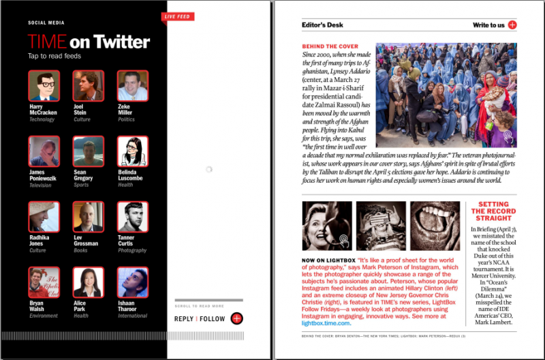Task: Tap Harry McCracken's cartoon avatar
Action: coord(44,86)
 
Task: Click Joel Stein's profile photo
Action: coord(89,86)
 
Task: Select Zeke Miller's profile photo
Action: coord(133,86)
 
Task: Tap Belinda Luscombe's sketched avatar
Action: coord(133,151)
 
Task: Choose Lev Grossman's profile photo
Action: coord(89,217)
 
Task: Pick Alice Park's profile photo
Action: coord(89,282)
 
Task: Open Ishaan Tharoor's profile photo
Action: coord(133,282)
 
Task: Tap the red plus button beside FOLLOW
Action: coord(236,318)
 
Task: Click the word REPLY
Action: coord(184,318)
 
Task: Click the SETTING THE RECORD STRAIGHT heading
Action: coord(493,211)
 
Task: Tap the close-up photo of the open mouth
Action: coord(435,226)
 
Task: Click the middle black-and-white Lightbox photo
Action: coord(381,226)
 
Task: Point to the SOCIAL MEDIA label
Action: coord(46,22)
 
